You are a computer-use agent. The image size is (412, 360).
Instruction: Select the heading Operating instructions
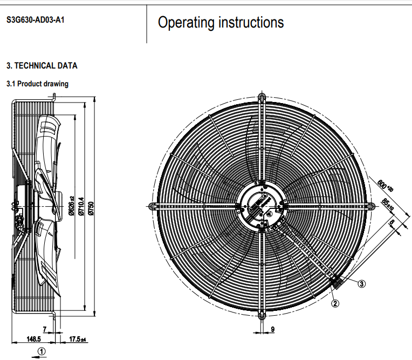(221, 23)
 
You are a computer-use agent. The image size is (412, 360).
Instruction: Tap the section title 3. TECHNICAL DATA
(42, 66)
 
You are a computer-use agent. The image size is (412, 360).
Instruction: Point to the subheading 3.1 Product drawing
(37, 84)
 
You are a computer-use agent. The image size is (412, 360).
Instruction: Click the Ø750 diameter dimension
(91, 208)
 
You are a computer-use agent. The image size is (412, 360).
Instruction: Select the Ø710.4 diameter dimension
(81, 208)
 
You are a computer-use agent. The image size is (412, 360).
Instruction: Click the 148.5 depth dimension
(33, 339)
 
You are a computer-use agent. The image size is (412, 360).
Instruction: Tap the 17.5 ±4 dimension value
(79, 339)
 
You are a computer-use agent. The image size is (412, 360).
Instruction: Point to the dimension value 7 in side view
(45, 329)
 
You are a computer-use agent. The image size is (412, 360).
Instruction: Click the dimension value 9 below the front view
(272, 329)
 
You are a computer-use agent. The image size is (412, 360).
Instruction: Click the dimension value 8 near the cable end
(392, 222)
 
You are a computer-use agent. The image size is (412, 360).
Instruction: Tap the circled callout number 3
(362, 283)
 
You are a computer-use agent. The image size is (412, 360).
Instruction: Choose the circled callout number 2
(335, 303)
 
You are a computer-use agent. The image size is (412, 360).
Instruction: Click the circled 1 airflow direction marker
(42, 351)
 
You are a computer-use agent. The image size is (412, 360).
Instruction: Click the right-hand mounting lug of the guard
(370, 206)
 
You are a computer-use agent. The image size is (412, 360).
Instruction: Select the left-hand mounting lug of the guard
(153, 206)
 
